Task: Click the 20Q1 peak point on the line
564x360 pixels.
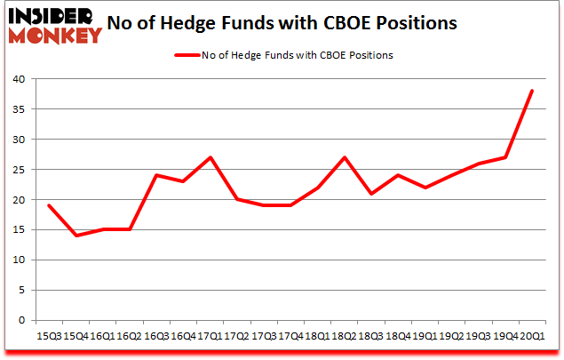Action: pyautogui.click(x=532, y=91)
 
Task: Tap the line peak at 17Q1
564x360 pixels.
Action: pyautogui.click(x=209, y=157)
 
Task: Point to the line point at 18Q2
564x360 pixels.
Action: pyautogui.click(x=344, y=157)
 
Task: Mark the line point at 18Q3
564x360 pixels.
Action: pyautogui.click(x=370, y=194)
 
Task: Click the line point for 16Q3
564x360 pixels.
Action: pyautogui.click(x=155, y=175)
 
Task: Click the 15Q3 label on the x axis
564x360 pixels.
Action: pyautogui.click(x=48, y=336)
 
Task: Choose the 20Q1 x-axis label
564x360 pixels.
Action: pyautogui.click(x=533, y=336)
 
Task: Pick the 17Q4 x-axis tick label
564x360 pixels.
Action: pyautogui.click(x=290, y=336)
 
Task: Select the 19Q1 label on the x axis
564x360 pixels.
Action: pyautogui.click(x=425, y=336)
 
